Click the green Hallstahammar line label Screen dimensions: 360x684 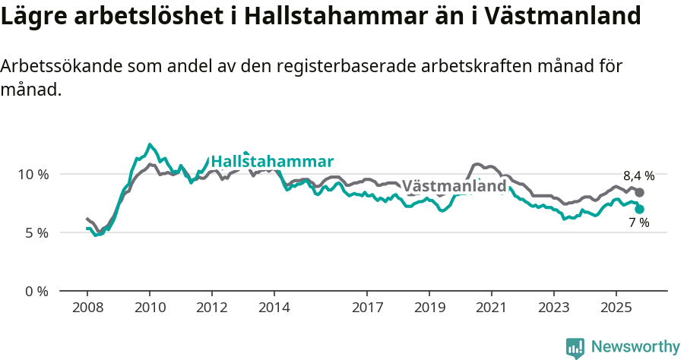[272, 162]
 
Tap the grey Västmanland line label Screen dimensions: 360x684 [454, 186]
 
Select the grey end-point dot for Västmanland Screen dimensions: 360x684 [639, 193]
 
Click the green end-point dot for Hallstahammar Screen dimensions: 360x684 [640, 209]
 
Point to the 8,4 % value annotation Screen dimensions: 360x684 [638, 175]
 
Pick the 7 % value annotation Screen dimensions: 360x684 [638, 223]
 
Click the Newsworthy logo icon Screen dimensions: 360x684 [575, 348]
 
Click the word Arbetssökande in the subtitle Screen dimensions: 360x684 [54, 66]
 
